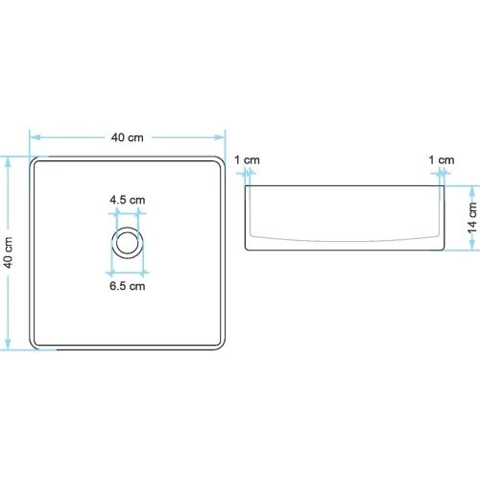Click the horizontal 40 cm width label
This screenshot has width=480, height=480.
128,137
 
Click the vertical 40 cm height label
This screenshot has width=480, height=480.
9,252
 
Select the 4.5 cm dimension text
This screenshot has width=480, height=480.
128,200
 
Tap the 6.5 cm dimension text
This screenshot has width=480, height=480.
128,286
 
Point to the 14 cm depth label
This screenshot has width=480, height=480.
472,218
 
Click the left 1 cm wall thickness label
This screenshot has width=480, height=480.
247,160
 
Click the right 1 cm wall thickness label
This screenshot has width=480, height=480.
442,160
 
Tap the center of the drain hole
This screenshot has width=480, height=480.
128,243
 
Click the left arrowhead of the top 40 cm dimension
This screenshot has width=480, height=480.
35,137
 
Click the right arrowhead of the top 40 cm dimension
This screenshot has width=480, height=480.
220,137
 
